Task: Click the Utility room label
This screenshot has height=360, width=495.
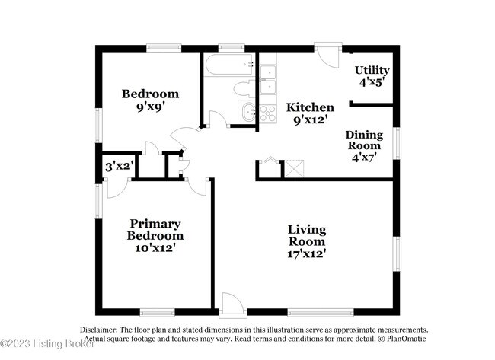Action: (372, 71)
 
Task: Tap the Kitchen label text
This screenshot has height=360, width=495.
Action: (310, 107)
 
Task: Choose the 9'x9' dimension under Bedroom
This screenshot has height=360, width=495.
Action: (151, 107)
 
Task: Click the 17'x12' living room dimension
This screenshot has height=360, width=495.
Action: (307, 253)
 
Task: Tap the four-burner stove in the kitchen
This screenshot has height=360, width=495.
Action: (267, 113)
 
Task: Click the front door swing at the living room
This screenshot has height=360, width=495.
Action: (232, 302)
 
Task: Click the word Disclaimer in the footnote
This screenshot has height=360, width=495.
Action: (100, 330)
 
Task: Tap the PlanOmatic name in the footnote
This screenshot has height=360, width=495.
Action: (408, 339)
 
